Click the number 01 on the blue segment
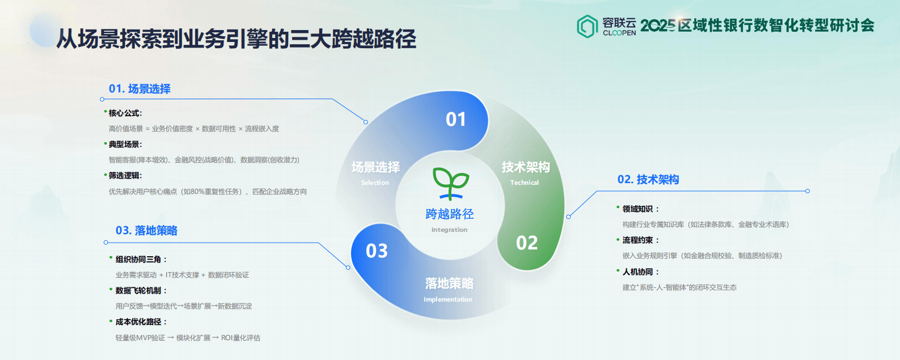[456, 119]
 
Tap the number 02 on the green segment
[527, 243]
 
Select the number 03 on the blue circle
[377, 251]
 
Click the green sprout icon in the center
[450, 183]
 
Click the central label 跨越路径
[450, 214]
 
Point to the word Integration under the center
[449, 230]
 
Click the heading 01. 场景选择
[140, 88]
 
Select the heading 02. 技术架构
[648, 179]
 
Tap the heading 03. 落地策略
[146, 230]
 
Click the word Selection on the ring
[375, 183]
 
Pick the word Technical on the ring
[525, 183]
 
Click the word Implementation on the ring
[448, 299]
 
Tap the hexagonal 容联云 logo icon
[588, 26]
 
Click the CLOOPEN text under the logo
[619, 33]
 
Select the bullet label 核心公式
[125, 113]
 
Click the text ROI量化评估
[240, 337]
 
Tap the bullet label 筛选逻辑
[125, 175]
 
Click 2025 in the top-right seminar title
[658, 25]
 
